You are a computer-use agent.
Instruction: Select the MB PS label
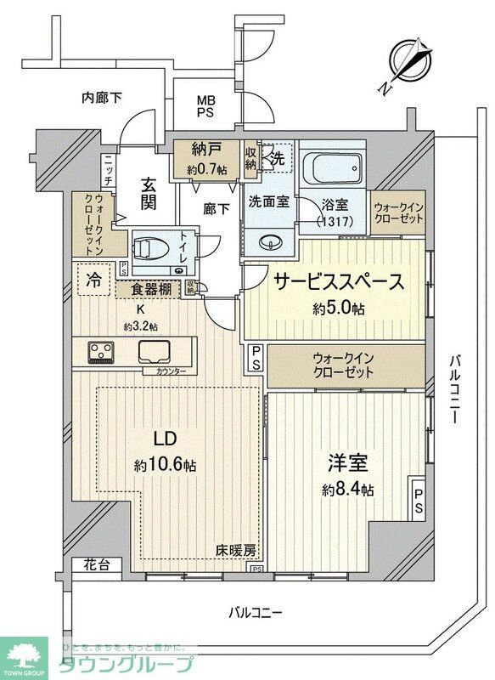207,106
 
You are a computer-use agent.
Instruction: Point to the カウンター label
172,371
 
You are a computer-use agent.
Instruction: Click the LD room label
164,439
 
